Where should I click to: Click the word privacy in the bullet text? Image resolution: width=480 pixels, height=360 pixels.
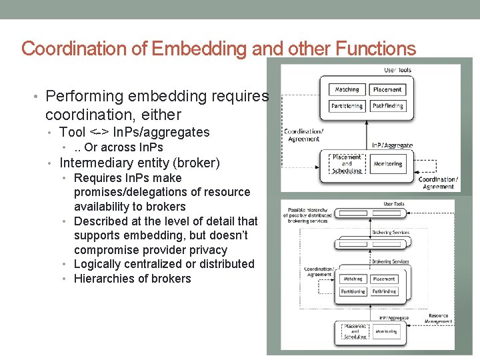[207, 250]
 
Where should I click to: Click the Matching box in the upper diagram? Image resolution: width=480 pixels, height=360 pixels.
[347, 89]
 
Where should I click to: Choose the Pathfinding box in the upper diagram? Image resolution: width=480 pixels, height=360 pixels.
[387, 106]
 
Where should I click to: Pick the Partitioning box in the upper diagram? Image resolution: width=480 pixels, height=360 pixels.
[347, 106]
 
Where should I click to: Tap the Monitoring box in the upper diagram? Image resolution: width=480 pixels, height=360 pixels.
[388, 163]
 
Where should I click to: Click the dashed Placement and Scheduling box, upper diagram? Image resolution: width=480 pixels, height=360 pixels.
[347, 163]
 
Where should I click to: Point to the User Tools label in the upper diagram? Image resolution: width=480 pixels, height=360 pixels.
[397, 70]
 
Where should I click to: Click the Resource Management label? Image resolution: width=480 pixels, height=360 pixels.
[438, 319]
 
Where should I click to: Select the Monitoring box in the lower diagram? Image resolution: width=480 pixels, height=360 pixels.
[386, 331]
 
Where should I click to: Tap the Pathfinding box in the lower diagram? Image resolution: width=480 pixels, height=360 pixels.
[385, 291]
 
